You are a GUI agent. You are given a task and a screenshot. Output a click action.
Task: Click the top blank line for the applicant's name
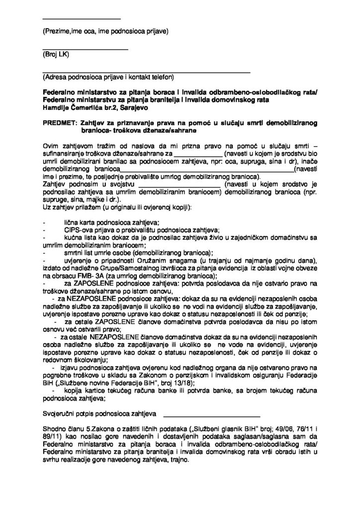(82, 20)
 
